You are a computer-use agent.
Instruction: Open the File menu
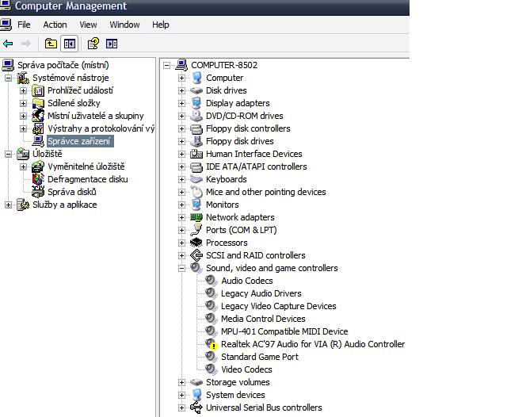[x=24, y=25]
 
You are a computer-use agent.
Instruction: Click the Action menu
[x=55, y=25]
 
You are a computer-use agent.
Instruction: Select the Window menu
[x=124, y=25]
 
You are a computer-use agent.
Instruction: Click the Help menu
[x=161, y=25]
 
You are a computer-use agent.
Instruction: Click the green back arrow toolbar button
[x=9, y=44]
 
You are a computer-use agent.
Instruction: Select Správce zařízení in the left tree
[x=78, y=141]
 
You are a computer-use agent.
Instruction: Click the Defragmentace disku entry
[x=87, y=179]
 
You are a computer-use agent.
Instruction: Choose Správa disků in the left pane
[x=71, y=192]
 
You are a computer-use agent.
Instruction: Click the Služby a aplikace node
[x=64, y=205]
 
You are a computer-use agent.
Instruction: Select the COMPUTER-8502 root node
[x=224, y=65]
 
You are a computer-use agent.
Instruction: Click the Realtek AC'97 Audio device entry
[x=313, y=344]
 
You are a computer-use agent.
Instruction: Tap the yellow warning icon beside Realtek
[x=212, y=345]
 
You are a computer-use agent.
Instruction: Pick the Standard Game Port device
[x=260, y=357]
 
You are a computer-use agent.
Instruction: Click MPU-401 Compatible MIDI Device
[x=284, y=331]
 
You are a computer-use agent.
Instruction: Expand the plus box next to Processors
[x=181, y=243]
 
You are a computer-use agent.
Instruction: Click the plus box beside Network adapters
[x=181, y=217]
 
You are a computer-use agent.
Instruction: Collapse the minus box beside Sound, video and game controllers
[x=181, y=268]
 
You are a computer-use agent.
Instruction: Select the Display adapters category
[x=238, y=103]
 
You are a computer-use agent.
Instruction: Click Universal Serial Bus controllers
[x=264, y=407]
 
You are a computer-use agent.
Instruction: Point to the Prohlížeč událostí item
[x=80, y=90]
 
